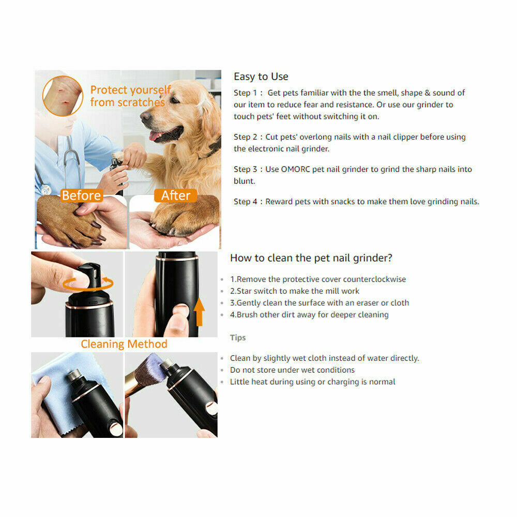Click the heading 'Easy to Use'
(261, 77)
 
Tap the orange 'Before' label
(81, 195)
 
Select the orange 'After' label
(176, 195)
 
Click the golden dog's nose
(145, 116)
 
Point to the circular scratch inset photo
(63, 96)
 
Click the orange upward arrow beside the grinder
(200, 313)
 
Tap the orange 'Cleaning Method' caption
(124, 344)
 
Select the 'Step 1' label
(245, 93)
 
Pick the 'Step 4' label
(245, 202)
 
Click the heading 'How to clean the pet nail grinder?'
(311, 258)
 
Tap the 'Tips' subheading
(238, 338)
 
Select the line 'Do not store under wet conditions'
(292, 370)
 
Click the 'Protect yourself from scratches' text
(129, 97)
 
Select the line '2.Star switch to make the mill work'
(294, 291)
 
